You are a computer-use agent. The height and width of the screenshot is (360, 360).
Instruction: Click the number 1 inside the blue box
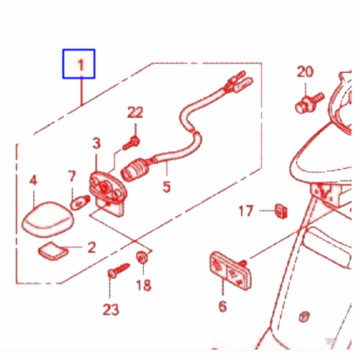point(81,65)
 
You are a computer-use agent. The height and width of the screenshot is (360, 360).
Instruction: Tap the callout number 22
point(135,112)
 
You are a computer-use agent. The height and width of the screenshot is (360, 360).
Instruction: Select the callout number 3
point(97,143)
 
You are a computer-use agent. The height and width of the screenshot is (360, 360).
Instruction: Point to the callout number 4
point(34,180)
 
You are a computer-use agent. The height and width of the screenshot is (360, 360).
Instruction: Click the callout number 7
point(72,176)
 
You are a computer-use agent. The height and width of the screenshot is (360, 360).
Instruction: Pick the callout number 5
point(167,186)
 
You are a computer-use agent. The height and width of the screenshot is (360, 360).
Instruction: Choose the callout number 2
point(92,247)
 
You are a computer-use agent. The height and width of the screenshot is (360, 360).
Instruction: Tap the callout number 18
point(144,285)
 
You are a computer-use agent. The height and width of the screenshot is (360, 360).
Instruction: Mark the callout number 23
point(111,309)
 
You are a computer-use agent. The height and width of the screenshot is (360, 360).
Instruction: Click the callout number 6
point(222,306)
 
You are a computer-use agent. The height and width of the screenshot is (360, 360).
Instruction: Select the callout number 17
point(246,211)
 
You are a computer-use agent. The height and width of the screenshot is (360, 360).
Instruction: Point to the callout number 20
point(305,72)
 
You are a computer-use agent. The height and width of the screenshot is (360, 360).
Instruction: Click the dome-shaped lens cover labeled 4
point(48,220)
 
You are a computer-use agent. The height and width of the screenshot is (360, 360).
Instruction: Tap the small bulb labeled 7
point(80,202)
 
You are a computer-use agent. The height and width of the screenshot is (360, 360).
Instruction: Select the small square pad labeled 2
point(53,251)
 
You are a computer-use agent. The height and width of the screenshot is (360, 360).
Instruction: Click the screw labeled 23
point(119,270)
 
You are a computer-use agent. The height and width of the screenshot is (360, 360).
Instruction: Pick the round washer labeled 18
point(142,257)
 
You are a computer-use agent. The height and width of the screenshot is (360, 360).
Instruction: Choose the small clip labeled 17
point(281,211)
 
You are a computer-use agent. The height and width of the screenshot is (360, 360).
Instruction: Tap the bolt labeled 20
point(309,103)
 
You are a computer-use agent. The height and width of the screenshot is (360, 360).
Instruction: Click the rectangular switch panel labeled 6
point(230,271)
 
